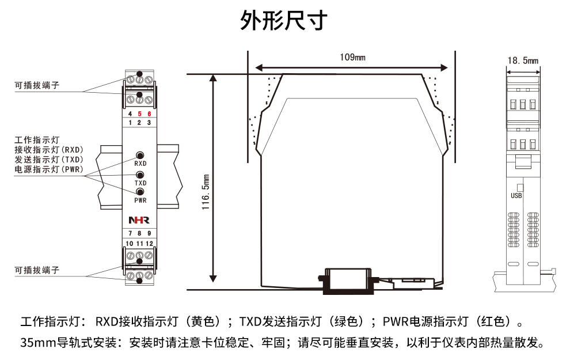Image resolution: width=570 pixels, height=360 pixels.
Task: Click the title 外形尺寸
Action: click(284, 20)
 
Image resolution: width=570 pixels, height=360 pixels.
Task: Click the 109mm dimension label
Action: click(352, 57)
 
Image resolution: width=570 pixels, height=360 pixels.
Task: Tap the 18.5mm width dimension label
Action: click(523, 60)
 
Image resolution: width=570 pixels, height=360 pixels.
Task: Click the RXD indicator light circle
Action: click(140, 155)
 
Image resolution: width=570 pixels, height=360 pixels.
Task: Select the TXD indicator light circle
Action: click(140, 175)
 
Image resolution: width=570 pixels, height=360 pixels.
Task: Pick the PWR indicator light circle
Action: click(140, 192)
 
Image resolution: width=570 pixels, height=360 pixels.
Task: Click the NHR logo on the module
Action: click(139, 220)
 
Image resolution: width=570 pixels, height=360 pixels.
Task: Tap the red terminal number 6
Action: click(149, 114)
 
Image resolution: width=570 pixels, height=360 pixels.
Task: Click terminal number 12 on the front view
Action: click(149, 244)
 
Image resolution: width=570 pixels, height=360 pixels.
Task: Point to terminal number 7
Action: click(131, 233)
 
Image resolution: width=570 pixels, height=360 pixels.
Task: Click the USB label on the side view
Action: click(516, 195)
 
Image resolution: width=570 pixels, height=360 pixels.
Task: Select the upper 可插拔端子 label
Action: click(37, 86)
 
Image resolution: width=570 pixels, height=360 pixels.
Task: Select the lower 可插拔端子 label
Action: click(37, 270)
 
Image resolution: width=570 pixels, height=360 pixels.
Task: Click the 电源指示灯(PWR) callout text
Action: click(49, 169)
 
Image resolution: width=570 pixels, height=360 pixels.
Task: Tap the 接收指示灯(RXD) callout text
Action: click(49, 150)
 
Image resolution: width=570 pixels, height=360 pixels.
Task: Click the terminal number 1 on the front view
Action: click(130, 123)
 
